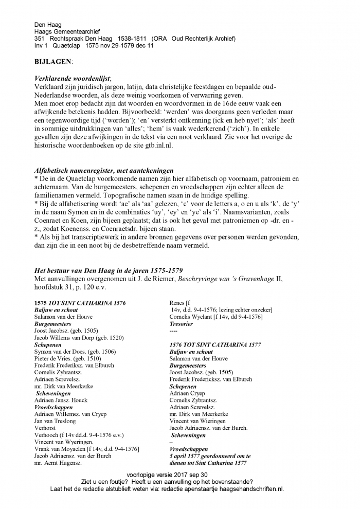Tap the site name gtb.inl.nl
pos(154,146)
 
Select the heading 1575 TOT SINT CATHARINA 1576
pos(80,303)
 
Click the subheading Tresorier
pos(181,324)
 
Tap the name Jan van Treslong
pos(55,421)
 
